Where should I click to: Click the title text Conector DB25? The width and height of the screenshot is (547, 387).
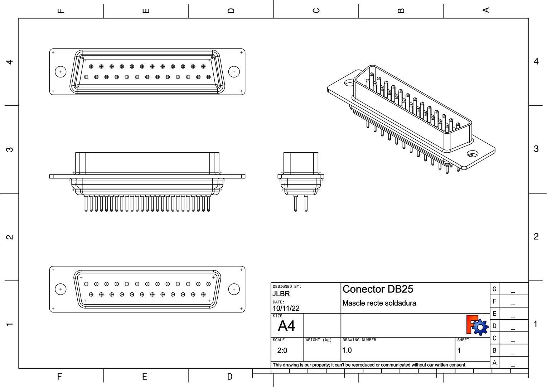pyautogui.click(x=378, y=289)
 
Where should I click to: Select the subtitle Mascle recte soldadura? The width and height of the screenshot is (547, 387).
pyautogui.click(x=379, y=303)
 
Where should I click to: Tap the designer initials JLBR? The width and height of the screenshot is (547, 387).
pyautogui.click(x=281, y=294)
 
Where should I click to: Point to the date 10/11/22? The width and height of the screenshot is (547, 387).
pyautogui.click(x=286, y=308)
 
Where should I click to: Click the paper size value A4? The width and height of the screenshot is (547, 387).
pyautogui.click(x=286, y=326)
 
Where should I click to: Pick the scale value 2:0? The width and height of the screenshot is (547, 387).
pyautogui.click(x=282, y=350)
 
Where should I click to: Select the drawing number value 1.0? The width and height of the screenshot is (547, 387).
pyautogui.click(x=347, y=350)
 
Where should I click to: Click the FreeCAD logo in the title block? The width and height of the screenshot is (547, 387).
pyautogui.click(x=477, y=325)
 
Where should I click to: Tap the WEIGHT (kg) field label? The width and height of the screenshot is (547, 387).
pyautogui.click(x=318, y=340)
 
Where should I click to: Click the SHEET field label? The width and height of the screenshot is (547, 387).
pyautogui.click(x=463, y=340)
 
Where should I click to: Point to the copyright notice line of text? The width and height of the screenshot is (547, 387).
pyautogui.click(x=369, y=365)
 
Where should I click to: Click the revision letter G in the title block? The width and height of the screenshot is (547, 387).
pyautogui.click(x=494, y=289)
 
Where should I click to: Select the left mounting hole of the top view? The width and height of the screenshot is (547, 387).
pyautogui.click(x=60, y=72)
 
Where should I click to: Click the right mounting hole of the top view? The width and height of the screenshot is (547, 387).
pyautogui.click(x=234, y=72)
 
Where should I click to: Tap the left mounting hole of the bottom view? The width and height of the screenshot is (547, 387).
pyautogui.click(x=60, y=289)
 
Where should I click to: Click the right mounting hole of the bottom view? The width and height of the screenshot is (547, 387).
pyautogui.click(x=234, y=289)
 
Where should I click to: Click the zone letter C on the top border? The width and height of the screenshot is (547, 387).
pyautogui.click(x=316, y=10)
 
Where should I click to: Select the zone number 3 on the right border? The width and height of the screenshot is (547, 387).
pyautogui.click(x=536, y=149)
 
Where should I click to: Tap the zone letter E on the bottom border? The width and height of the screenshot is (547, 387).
pyautogui.click(x=145, y=377)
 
